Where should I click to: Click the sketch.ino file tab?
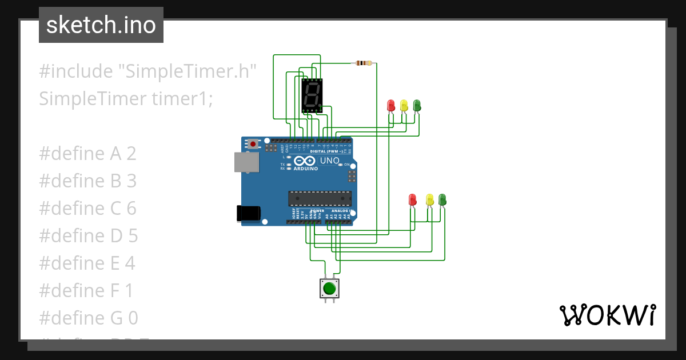click(101, 25)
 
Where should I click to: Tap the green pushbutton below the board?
click(329, 288)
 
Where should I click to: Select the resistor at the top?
click(363, 63)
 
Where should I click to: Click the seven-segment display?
click(312, 95)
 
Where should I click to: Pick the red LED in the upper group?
click(391, 106)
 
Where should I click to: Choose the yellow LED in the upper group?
click(404, 106)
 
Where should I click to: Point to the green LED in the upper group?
click(417, 105)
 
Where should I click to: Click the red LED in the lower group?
click(413, 200)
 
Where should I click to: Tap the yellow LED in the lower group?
click(430, 200)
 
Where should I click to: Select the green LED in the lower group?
click(442, 199)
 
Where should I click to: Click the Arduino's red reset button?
click(252, 144)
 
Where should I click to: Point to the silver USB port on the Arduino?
click(246, 162)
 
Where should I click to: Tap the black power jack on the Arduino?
click(249, 213)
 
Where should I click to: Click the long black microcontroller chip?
click(320, 198)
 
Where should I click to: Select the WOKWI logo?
click(607, 315)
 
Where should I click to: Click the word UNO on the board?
click(330, 161)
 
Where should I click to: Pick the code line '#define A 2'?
click(87, 154)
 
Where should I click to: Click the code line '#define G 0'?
click(89, 318)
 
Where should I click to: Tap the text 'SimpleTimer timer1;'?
click(126, 99)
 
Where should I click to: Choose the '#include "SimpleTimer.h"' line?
click(147, 71)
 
